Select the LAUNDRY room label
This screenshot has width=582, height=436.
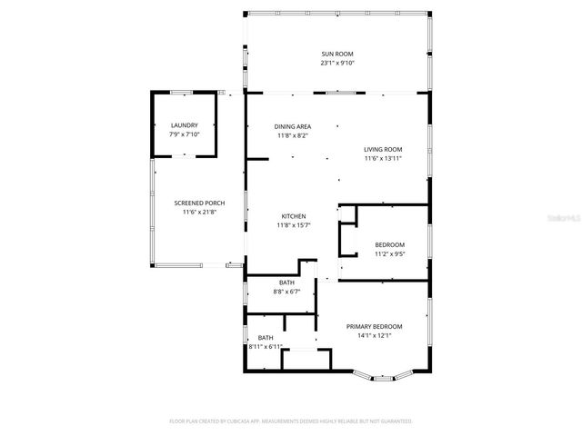point(185,124)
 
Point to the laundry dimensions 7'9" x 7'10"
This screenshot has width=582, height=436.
point(185,134)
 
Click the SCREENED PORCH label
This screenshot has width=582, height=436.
point(199,203)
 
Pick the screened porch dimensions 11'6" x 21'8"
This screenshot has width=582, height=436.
point(199,212)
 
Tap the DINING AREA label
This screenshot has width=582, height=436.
point(293,126)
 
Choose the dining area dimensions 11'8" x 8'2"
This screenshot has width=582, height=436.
point(293,135)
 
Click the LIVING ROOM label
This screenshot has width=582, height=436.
point(383,149)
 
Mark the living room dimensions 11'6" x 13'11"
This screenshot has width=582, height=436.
point(383,158)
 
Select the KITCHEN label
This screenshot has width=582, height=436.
point(293,216)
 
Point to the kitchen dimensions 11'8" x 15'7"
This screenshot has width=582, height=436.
point(293,225)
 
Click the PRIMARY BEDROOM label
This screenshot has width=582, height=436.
point(374,326)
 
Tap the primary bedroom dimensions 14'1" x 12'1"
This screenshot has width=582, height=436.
point(374,335)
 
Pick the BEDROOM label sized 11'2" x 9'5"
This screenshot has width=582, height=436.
point(390,245)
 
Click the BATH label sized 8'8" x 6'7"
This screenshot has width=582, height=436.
point(286,282)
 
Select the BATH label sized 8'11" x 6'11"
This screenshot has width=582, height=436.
point(265,338)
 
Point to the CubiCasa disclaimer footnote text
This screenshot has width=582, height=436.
point(291,421)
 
